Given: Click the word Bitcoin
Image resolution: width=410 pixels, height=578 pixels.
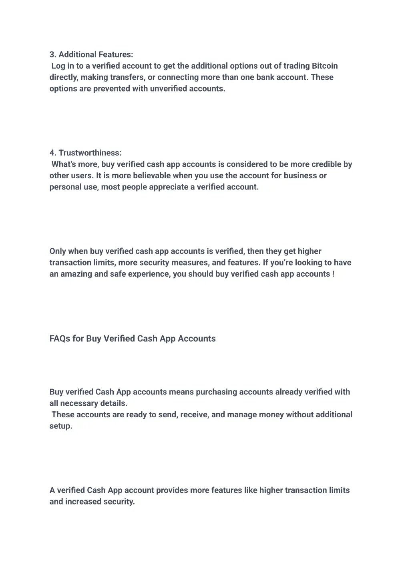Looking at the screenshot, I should coord(325,66).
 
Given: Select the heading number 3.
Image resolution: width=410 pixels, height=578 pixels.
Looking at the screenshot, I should coord(52,54).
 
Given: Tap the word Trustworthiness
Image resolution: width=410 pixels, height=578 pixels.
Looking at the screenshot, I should coord(90,153).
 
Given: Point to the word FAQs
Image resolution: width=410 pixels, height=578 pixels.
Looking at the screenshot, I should coord(60,339).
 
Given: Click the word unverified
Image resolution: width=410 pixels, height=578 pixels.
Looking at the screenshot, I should coord(168,89).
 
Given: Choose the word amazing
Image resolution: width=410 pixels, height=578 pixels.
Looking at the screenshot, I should coord(76,274).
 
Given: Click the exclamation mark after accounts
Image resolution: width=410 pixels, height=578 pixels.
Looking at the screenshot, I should coord(333,274).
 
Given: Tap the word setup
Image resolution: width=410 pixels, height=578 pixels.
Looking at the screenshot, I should coord(61,426).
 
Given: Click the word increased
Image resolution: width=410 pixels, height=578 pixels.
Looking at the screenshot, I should coord(85,502).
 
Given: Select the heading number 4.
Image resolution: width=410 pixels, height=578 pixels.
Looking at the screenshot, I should coord(52,153).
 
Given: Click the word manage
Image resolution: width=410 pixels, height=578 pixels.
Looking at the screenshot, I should coord(242,415).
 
